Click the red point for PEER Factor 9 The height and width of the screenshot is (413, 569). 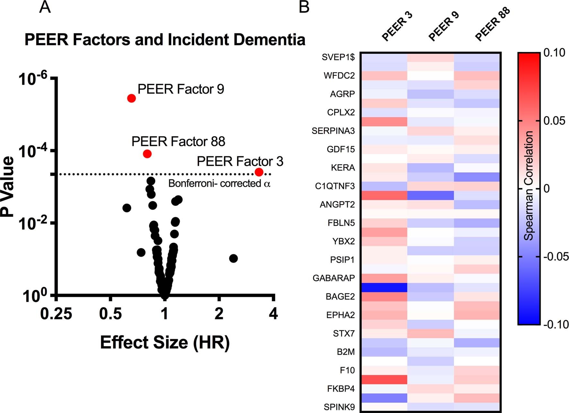131,98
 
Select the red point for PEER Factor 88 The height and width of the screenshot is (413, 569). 147,154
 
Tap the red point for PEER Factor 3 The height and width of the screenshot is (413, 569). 259,172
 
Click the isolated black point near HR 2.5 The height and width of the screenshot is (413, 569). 233,258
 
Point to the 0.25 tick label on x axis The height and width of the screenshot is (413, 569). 56,314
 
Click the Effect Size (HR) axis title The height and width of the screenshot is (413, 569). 165,342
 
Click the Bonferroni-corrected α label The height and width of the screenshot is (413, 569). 219,184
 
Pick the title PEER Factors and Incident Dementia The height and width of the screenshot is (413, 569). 165,40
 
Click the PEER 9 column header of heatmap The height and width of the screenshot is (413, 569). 444,26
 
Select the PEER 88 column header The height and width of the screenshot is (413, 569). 492,24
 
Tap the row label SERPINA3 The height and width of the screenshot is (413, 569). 333,131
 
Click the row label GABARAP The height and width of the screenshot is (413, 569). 334,278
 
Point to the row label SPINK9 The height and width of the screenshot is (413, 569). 339,407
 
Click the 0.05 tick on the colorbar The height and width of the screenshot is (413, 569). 554,121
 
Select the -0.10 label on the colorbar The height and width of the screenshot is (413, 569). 556,324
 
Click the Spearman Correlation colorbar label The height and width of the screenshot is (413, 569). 529,186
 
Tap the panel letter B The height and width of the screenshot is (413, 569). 304,7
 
